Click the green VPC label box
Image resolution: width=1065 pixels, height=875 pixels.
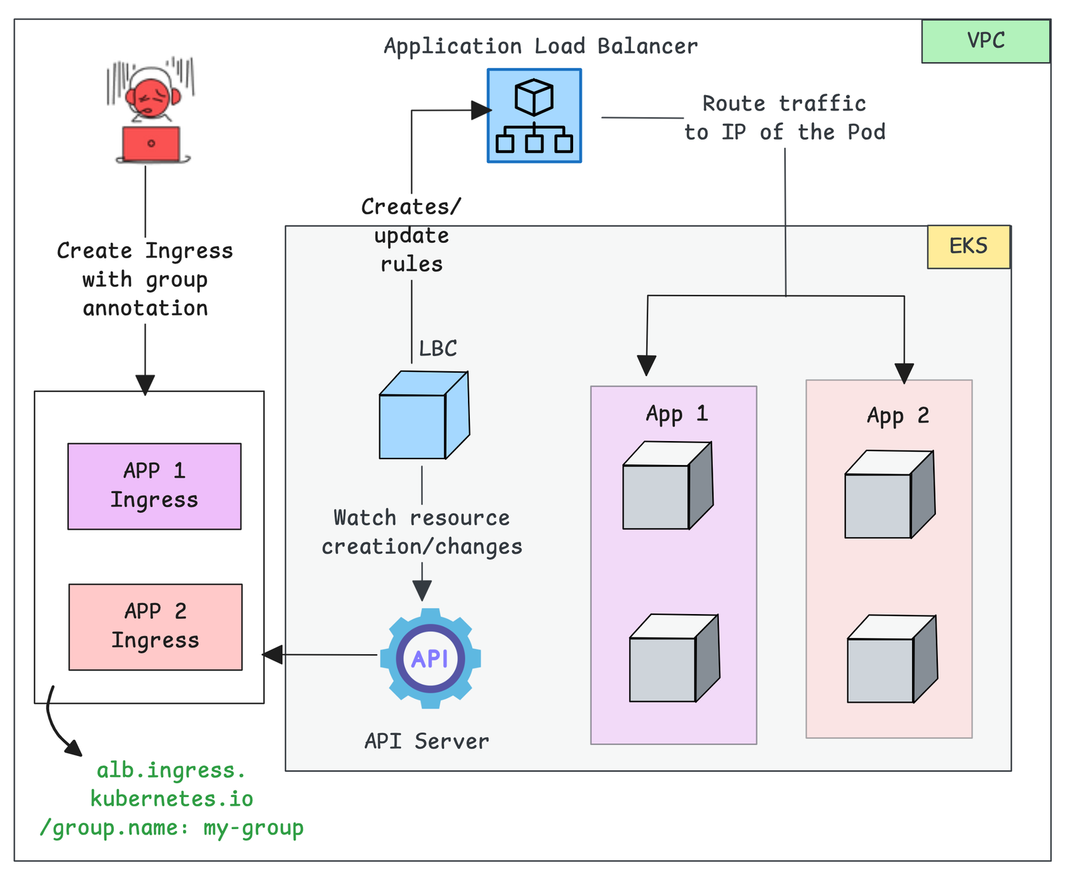coord(985,41)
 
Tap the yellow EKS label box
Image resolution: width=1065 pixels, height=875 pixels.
coord(968,247)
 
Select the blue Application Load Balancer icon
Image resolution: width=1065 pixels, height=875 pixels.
coord(534,116)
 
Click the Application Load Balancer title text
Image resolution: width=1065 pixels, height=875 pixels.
coord(540,47)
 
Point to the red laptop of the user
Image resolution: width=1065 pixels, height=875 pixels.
coord(151,144)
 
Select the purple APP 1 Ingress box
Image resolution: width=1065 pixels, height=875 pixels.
coord(154,486)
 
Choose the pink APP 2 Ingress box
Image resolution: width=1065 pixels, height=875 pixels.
coord(155,626)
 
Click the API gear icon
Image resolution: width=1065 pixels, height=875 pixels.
coord(430,658)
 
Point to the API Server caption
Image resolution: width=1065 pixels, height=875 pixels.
coord(427,741)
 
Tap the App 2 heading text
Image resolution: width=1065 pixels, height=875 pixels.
coord(897,417)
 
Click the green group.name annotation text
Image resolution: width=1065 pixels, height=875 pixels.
coord(172,798)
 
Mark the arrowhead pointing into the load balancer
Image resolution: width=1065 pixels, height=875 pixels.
coord(481,110)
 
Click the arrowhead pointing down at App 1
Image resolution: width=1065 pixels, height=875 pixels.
coord(646,365)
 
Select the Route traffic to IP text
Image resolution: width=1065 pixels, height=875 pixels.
coord(785,118)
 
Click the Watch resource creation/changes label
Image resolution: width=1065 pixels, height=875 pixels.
coord(422,532)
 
